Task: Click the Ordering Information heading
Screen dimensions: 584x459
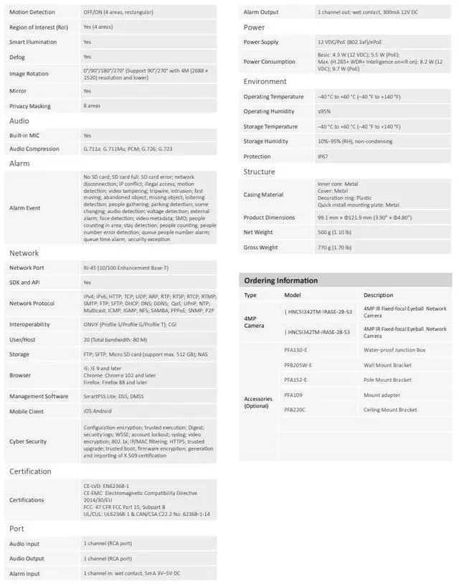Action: pos(280,281)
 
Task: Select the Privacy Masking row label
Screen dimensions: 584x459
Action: pos(30,106)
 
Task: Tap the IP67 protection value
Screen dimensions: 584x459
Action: pos(323,156)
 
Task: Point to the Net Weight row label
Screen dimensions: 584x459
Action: pos(257,232)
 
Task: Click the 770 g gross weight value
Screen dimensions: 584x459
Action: pos(334,248)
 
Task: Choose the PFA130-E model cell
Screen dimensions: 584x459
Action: pos(295,349)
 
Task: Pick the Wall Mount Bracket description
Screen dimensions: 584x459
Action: pos(387,364)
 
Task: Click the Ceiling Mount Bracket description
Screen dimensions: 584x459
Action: pos(390,410)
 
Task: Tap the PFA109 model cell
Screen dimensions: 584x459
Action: pos(293,395)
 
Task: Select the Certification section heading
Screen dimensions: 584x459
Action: pos(30,471)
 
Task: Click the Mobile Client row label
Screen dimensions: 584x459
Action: pos(27,412)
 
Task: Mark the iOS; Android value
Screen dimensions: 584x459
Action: pos(98,412)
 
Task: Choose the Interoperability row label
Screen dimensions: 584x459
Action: pos(29,324)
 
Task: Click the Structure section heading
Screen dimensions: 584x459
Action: pos(259,172)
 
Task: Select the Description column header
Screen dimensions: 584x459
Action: pos(378,295)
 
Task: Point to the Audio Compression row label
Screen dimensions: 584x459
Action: pos(34,149)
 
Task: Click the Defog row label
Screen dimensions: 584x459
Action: pos(17,57)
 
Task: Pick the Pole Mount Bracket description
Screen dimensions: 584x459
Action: pos(387,380)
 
